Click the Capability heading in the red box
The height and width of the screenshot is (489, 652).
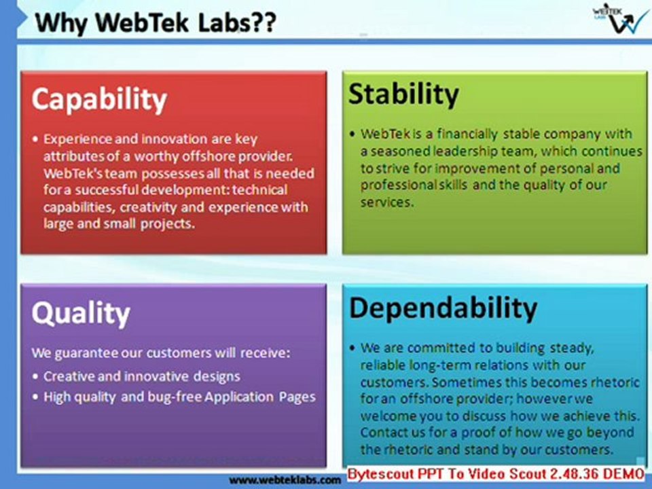coord(99,99)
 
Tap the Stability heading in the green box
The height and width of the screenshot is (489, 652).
coord(403,94)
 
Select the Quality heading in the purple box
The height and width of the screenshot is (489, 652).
coord(80,313)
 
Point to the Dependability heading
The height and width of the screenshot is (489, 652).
coord(443,308)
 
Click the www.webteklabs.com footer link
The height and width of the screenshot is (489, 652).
coord(285,479)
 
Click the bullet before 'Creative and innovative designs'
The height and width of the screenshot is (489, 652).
coord(35,376)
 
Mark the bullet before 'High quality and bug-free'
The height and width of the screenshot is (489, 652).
coord(35,397)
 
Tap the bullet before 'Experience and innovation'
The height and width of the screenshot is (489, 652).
coord(35,139)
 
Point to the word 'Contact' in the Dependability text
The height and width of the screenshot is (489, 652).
coord(382,432)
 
